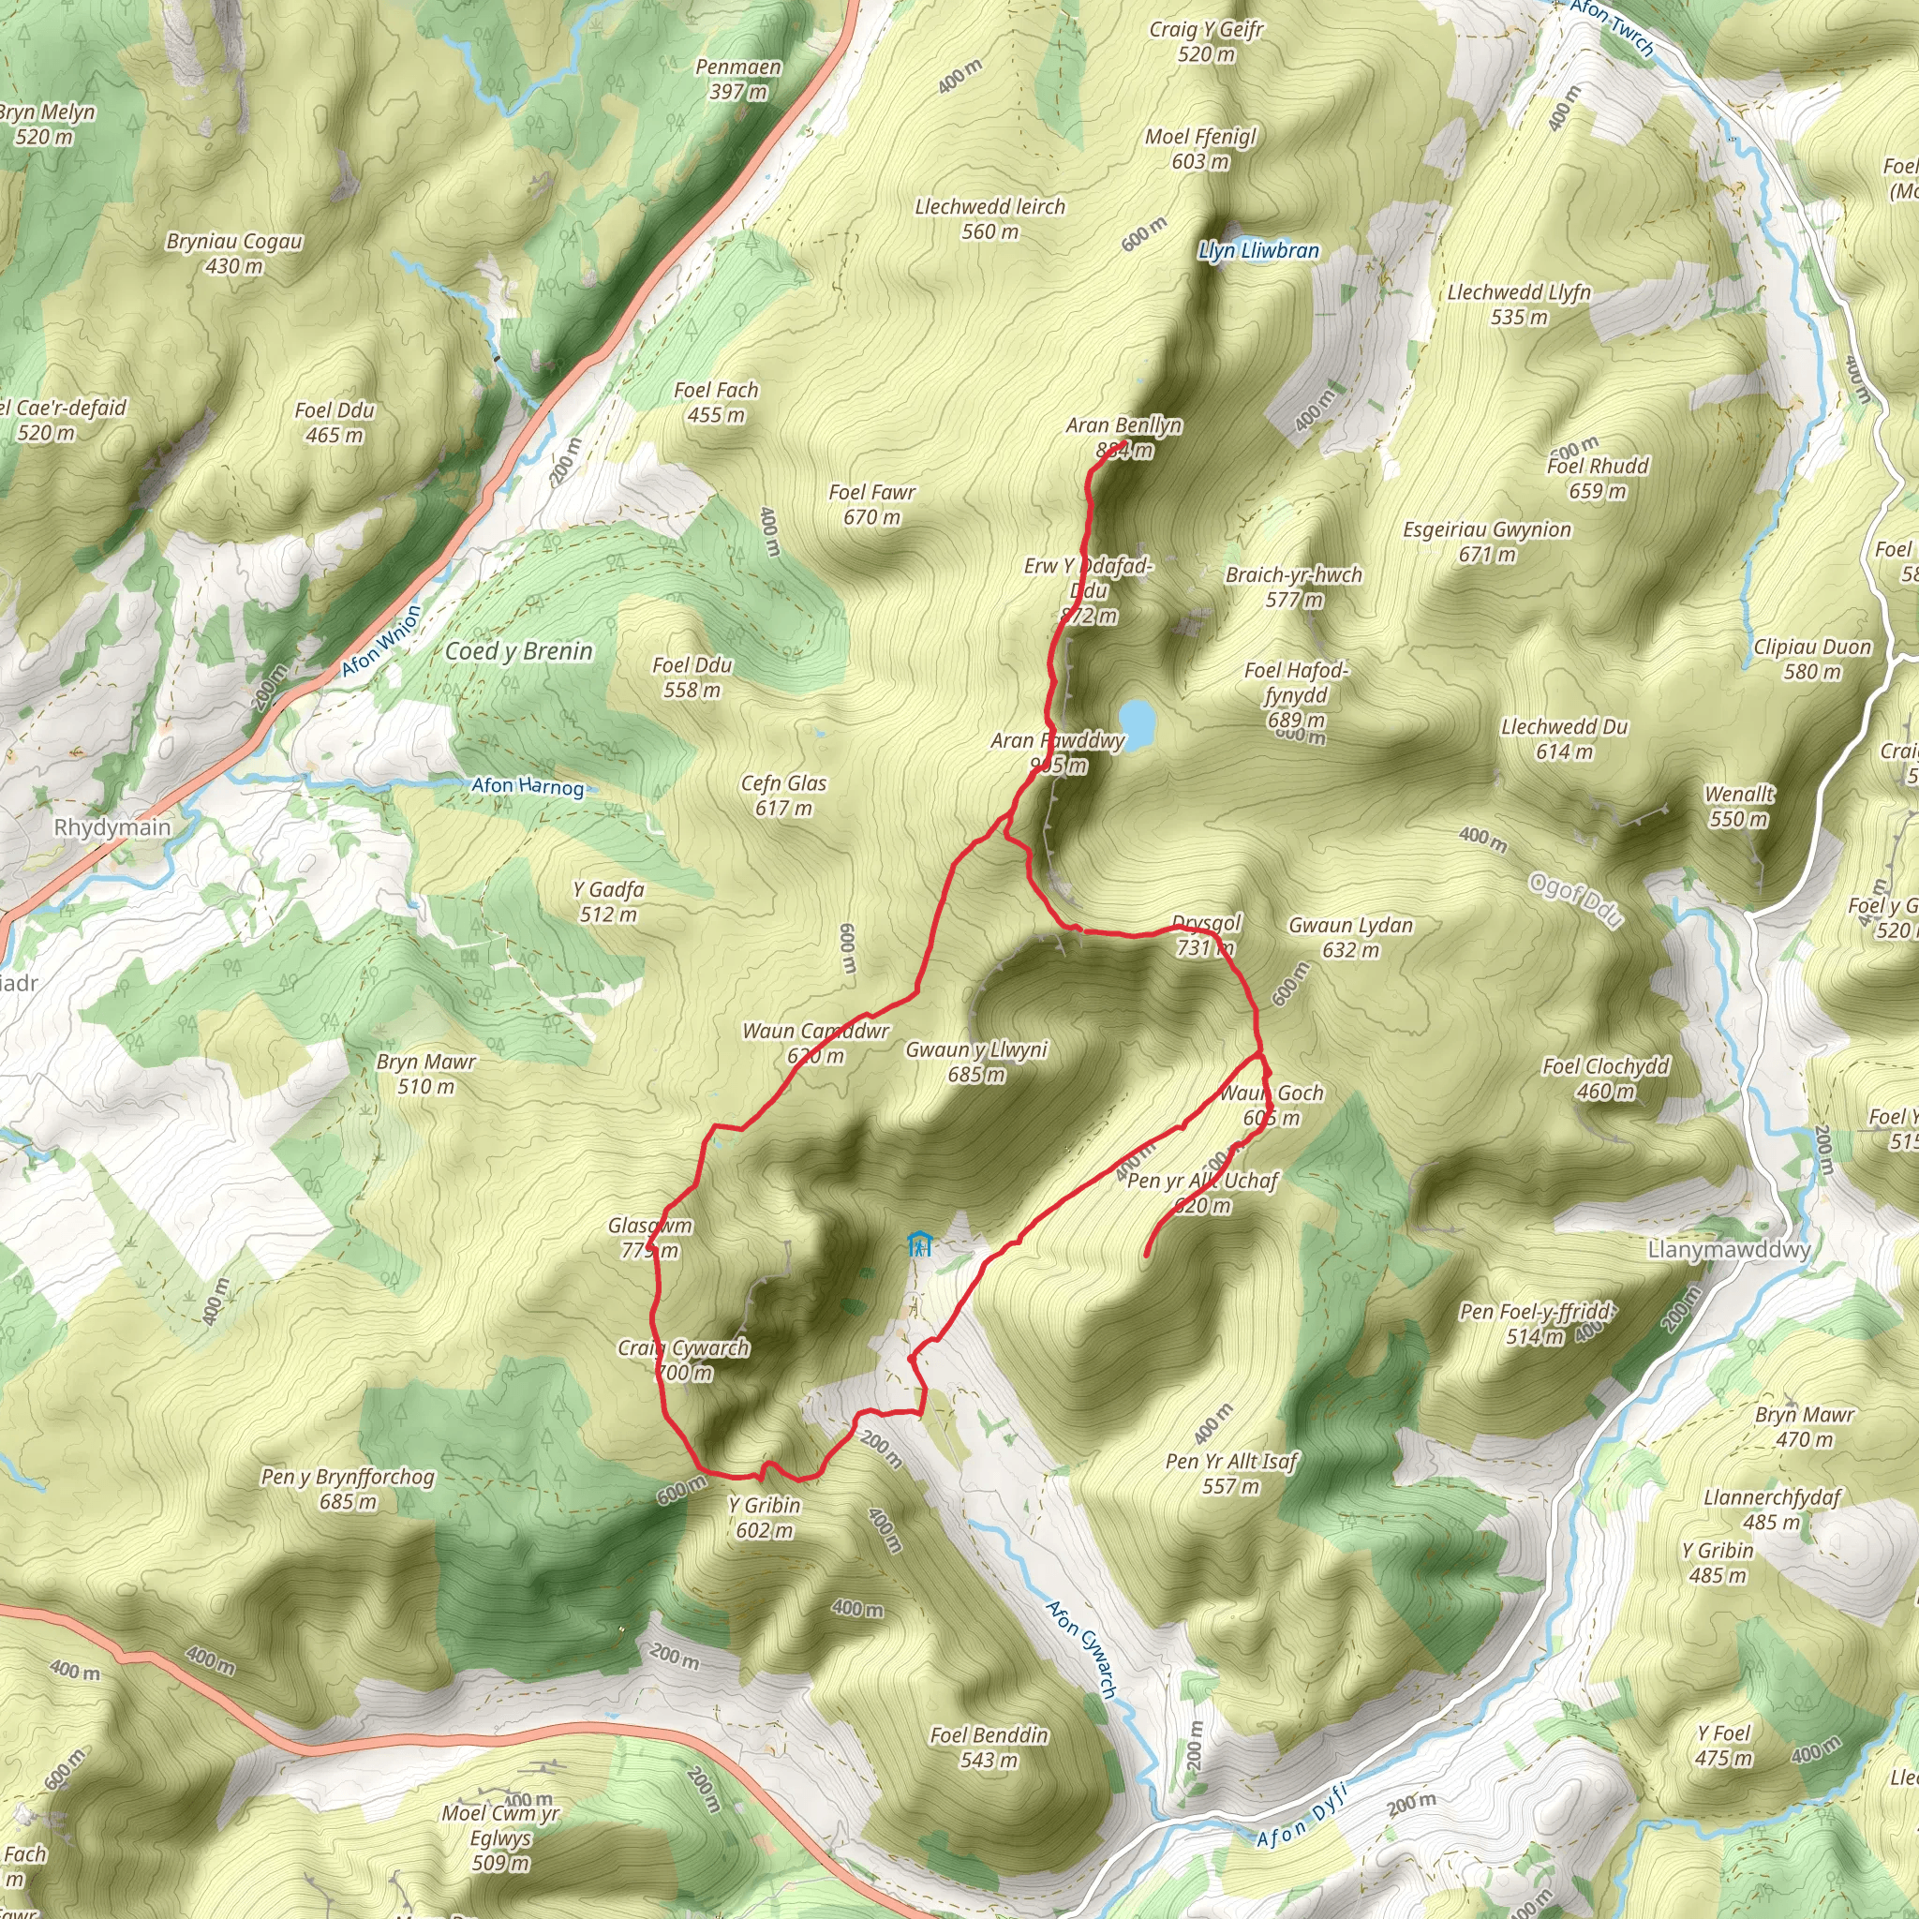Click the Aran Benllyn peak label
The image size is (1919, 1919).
tap(1123, 436)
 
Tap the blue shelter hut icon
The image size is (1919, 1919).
tap(920, 1244)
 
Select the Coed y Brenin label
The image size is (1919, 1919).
tap(518, 651)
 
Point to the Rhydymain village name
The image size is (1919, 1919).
tap(112, 827)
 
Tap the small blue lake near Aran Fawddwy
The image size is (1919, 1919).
tap(1137, 721)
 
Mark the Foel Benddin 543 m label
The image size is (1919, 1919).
tap(989, 1748)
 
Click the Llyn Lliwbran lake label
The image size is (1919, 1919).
tap(1258, 250)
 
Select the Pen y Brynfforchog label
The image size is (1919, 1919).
tap(348, 1488)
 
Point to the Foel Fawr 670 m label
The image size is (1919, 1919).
tap(871, 503)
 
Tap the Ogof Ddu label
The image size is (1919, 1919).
tap(1575, 900)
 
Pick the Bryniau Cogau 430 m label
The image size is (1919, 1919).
tap(234, 253)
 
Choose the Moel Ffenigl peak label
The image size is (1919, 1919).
tap(1200, 148)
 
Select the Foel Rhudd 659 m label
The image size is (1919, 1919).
tap(1598, 478)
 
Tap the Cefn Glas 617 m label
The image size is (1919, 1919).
tap(783, 795)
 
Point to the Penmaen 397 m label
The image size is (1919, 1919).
tap(738, 80)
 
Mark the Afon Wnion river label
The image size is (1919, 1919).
tap(381, 642)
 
